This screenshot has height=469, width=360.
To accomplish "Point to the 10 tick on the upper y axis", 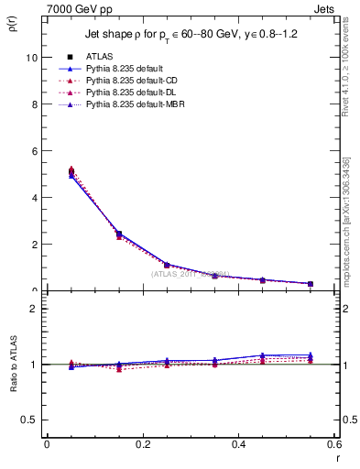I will [x=30, y=57].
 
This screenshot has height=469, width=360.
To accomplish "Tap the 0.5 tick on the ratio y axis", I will [x=28, y=420].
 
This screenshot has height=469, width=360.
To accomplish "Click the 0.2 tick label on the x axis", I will [x=142, y=444].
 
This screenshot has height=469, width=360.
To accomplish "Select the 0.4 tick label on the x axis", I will [x=238, y=444].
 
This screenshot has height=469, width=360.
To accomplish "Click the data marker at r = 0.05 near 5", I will [x=71, y=171].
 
